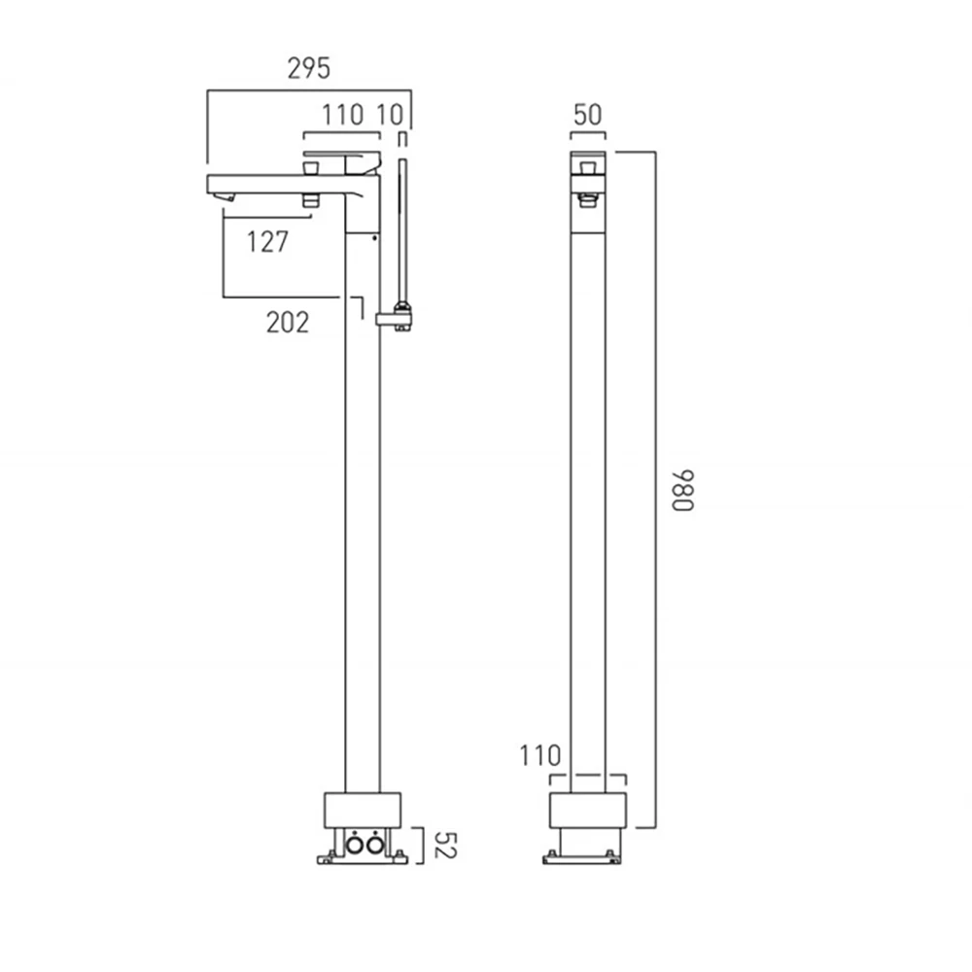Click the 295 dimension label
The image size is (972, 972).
tap(309, 68)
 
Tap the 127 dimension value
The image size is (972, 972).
tap(268, 242)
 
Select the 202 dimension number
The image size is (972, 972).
tap(288, 323)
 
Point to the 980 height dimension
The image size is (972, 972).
tap(683, 490)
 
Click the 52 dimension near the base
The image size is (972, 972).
tap(445, 845)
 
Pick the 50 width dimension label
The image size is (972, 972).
tap(588, 115)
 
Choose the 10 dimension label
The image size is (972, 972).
tap(390, 115)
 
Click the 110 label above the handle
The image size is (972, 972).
tap(343, 115)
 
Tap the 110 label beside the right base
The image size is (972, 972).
tap(539, 755)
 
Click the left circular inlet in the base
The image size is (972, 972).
tap(355, 845)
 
